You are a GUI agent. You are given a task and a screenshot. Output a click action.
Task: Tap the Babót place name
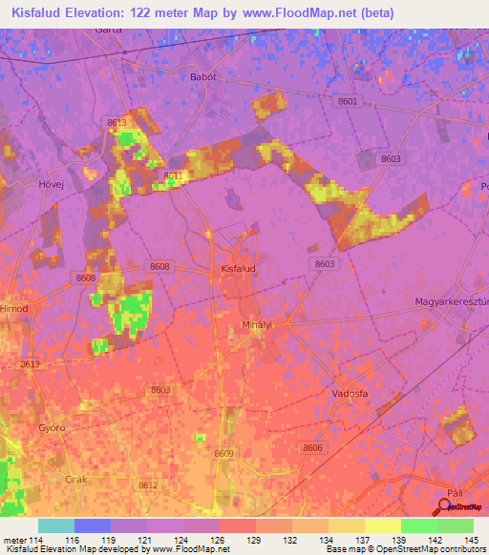coord(202,76)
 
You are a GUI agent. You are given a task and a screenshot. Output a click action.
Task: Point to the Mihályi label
coord(257,325)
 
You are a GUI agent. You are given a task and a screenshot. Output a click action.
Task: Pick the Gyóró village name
coord(51,428)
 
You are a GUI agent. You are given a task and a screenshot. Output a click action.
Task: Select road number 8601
coord(348,101)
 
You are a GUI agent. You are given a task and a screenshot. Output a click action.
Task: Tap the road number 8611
coord(173,175)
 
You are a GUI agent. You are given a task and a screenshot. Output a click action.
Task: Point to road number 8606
coord(311,447)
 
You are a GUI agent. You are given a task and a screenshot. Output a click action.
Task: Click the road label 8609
coord(223,453)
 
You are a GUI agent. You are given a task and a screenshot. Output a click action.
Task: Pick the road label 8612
coord(147,485)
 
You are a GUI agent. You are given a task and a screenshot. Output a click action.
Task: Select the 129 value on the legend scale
coord(255,541)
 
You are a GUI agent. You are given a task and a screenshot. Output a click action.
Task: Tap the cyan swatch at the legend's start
coord(56,525)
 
